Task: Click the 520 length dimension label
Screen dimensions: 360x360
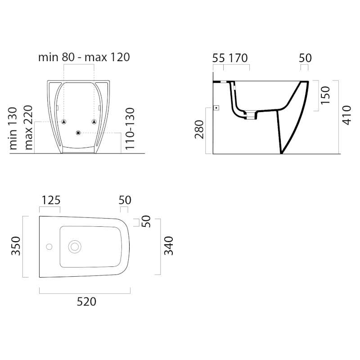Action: point(86,301)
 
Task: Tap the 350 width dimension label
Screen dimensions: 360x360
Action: point(16,246)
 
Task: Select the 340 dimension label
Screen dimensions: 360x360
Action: point(168,246)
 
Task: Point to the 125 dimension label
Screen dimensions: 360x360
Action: point(51,200)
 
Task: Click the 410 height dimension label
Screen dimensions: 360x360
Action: point(346,115)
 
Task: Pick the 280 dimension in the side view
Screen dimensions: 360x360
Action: point(199,130)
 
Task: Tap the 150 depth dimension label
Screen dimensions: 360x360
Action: point(325,95)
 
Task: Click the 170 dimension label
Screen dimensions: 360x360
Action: point(238,58)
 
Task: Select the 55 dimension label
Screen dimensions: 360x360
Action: point(218,58)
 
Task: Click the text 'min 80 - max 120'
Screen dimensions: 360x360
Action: point(84,57)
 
